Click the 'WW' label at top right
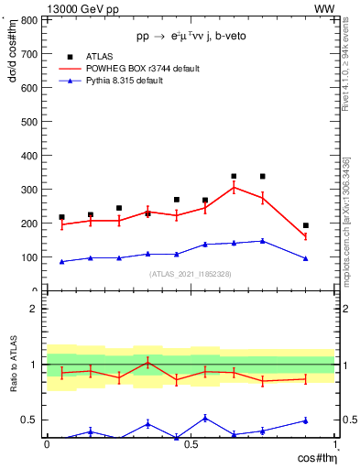[324, 8]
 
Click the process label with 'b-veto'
[191, 36]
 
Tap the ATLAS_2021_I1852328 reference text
[191, 274]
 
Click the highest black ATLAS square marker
[234, 176]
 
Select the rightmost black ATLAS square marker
[306, 225]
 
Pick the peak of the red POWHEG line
[234, 187]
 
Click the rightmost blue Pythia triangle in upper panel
[306, 258]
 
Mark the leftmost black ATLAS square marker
[61, 217]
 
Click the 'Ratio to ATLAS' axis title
[14, 365]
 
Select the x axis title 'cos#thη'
[312, 457]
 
